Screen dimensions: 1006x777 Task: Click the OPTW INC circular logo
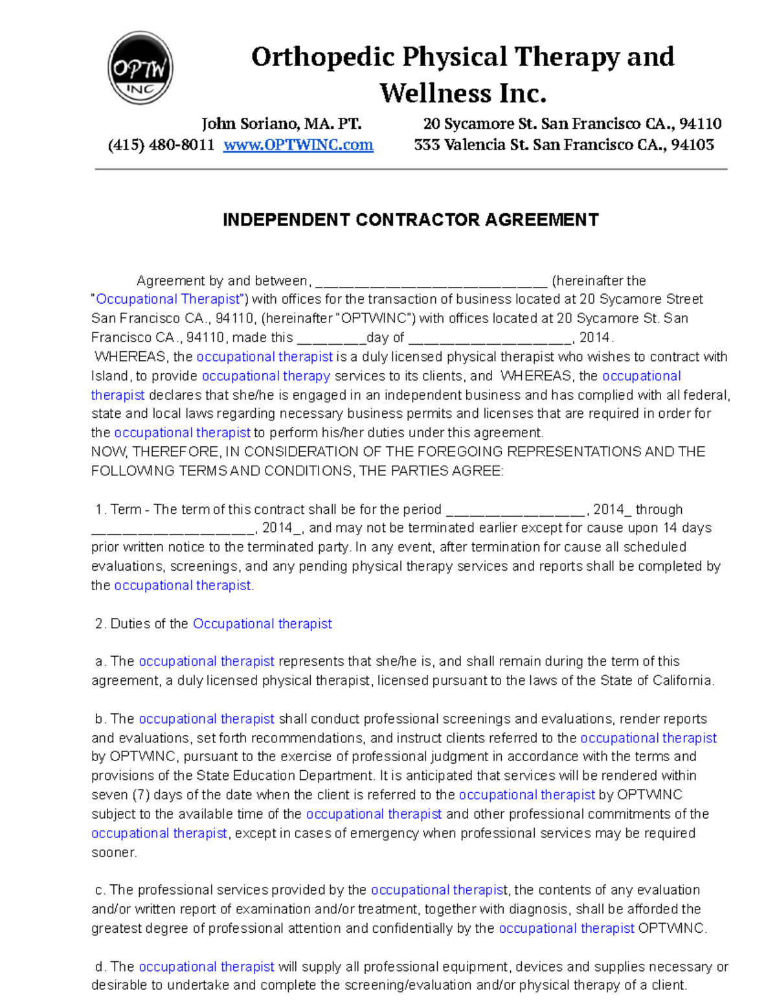140,68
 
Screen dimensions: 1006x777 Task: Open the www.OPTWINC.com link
298,144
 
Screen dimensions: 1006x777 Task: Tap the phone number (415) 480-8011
161,144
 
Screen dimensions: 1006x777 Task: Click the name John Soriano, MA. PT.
281,124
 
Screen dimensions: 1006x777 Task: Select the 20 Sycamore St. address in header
572,124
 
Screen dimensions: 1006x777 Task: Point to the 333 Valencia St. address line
563,144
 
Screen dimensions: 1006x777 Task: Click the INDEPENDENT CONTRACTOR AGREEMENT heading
411,220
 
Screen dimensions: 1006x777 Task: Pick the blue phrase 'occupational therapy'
266,376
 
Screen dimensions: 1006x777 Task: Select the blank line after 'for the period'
516,510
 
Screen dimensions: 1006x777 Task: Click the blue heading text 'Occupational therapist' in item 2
262,624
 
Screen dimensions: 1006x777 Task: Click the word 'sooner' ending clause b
113,852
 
